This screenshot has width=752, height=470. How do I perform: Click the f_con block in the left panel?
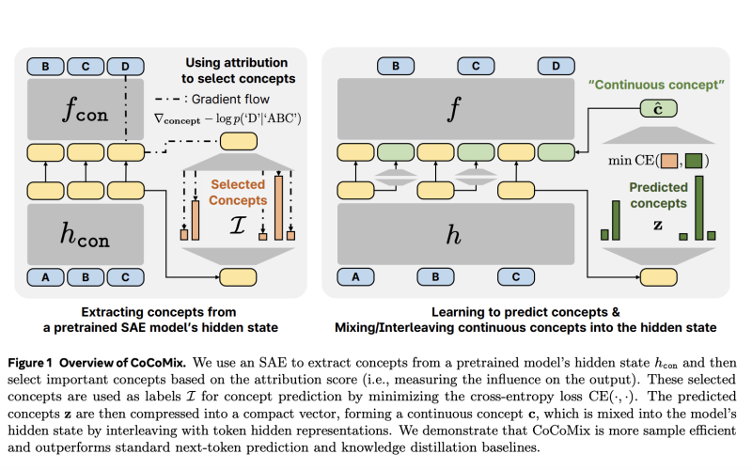86,109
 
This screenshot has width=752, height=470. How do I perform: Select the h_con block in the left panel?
86,234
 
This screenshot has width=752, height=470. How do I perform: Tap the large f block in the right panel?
456,109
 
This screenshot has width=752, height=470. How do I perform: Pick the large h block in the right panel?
456,234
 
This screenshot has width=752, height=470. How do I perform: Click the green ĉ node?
659,109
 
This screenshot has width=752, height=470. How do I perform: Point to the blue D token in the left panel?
125,67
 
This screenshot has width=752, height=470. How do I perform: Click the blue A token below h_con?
45,277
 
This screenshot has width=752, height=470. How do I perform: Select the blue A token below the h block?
356,276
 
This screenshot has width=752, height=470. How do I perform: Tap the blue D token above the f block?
556,66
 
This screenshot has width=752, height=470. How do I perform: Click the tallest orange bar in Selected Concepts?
278,208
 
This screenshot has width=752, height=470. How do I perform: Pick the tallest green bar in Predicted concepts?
699,208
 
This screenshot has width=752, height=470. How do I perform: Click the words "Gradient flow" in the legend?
230,100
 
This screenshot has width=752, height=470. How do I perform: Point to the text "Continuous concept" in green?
656,85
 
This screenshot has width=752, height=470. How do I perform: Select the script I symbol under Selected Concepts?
238,225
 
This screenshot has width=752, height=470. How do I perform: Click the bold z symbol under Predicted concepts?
658,225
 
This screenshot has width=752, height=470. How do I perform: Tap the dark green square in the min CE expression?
694,161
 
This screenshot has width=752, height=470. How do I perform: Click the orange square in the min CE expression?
669,161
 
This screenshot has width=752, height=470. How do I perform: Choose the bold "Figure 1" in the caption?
30,363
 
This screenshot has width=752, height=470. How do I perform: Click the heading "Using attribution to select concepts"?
238,70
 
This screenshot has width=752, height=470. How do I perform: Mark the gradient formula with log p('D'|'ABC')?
227,118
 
